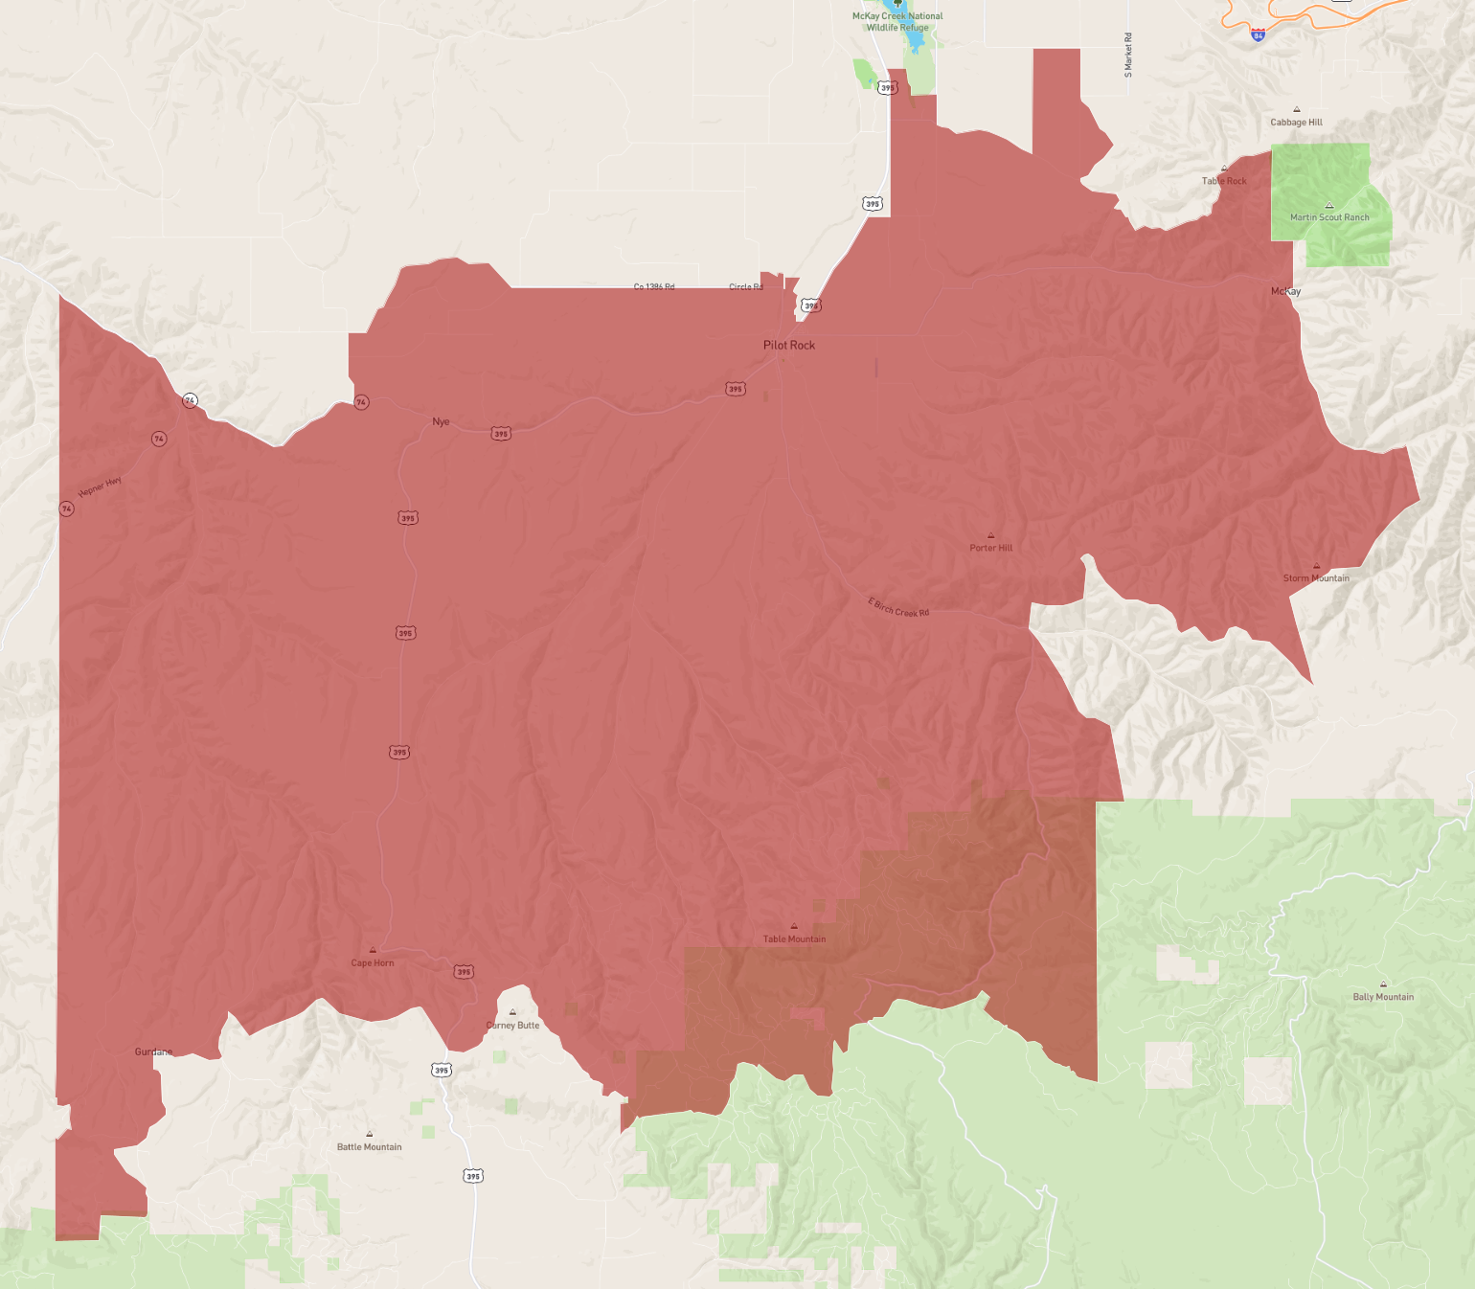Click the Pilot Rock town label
tap(789, 345)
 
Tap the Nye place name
tap(441, 421)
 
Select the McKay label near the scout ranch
tap(1285, 291)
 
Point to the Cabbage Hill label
tap(1296, 123)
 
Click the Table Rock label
tap(1224, 181)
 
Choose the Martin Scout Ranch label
tap(1329, 217)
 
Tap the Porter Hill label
tap(990, 548)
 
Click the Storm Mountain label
tap(1316, 578)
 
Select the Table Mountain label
tap(794, 939)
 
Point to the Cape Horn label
tap(373, 963)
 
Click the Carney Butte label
tap(512, 1026)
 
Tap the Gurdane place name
tap(153, 1052)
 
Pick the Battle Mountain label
tap(369, 1147)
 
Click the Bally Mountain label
tap(1383, 997)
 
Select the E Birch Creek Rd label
tap(898, 607)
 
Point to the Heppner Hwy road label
tap(100, 486)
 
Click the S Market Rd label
tap(1128, 55)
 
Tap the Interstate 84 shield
tap(1258, 34)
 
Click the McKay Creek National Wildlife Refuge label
tap(897, 22)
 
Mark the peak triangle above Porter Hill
tap(990, 535)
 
